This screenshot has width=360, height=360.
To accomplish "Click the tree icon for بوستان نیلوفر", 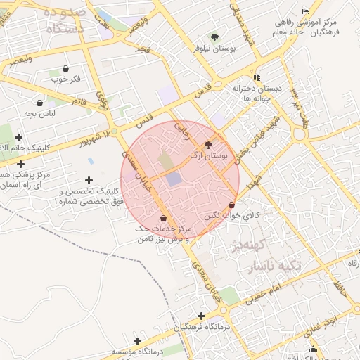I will coord(214,37).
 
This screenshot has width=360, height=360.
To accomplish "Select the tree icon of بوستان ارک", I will coord(208,143).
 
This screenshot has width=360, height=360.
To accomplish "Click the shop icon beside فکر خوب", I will coord(66,69).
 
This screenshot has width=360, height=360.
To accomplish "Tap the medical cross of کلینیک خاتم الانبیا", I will coord(18,137).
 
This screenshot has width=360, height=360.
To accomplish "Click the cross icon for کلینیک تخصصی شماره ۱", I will coord(89,181).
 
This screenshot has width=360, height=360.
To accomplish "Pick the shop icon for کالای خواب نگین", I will coord(232,205).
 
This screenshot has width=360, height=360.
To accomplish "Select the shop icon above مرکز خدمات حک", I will coord(163,218).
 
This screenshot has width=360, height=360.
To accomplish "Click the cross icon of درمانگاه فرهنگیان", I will coord(202,316).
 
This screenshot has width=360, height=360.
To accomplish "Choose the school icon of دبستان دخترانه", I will coord(257,77).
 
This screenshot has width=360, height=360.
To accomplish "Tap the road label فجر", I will coord(143,51).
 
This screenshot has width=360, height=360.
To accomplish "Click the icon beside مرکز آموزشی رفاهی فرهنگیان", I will coord(304,12).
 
